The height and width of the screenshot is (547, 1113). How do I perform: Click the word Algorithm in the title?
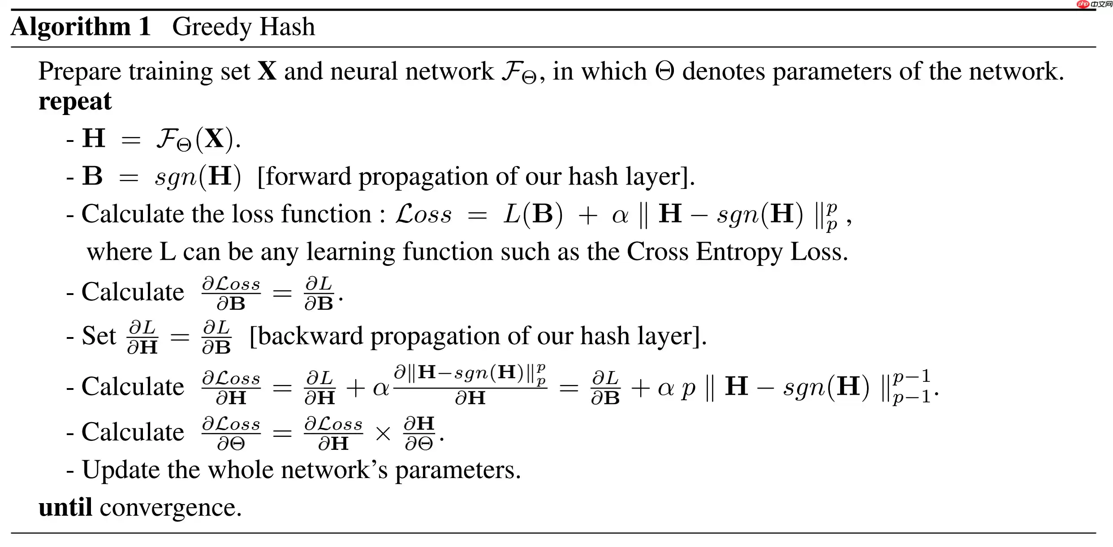[71, 27]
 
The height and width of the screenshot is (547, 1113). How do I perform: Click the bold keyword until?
[65, 507]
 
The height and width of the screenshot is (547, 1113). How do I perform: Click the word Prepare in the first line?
[79, 72]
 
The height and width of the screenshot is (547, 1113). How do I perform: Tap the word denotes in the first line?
[723, 72]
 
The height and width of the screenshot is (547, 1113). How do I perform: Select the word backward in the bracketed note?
[310, 336]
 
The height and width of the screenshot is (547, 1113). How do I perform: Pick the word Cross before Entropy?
[657, 252]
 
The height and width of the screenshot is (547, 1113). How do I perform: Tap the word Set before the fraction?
[99, 336]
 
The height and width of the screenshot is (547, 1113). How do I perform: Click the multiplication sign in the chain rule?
[383, 434]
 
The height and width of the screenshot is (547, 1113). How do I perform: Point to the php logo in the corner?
[1083, 4]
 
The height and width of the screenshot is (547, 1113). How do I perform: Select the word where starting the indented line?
[119, 252]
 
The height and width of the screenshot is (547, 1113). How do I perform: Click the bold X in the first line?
[267, 72]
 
